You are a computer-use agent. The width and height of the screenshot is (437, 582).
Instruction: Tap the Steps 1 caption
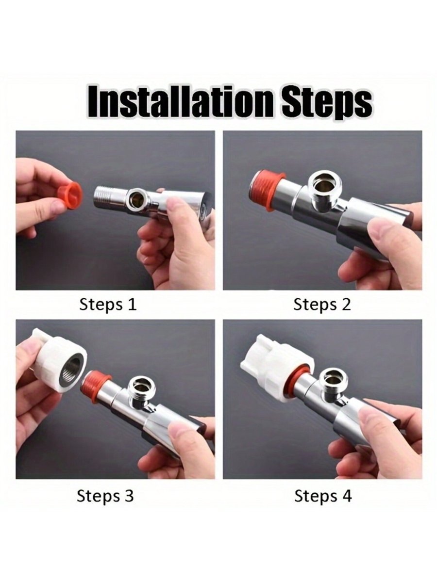[x=108, y=305]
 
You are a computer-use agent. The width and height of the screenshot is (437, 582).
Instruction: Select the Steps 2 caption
[x=322, y=305]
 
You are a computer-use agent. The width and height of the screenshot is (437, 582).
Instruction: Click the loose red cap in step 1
[x=70, y=195]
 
